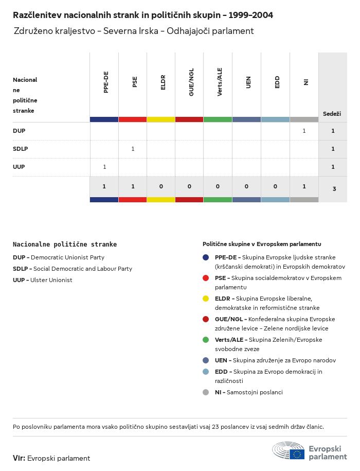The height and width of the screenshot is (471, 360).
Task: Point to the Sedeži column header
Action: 332,114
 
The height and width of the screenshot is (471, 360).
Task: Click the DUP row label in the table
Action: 19,131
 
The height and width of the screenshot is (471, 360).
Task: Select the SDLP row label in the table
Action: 21,149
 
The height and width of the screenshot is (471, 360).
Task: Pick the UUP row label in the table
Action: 19,167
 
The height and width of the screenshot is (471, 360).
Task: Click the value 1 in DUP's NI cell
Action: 304,131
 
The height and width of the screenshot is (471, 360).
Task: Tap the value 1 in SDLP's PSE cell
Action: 133,149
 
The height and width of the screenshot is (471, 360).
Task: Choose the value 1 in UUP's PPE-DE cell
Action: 104,167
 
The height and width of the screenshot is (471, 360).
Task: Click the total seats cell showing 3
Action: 334,189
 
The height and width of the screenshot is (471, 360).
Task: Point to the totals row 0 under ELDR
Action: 161,186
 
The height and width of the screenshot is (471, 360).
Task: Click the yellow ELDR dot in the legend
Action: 206,299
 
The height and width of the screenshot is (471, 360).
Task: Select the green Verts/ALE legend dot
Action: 206,340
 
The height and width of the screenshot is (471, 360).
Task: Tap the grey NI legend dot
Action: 206,392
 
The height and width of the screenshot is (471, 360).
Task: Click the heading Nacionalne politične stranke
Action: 65,245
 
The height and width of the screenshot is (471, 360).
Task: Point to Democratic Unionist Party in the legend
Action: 67,257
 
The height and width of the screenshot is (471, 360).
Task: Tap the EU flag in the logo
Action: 297,454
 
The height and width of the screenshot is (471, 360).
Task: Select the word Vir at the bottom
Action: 19,458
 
